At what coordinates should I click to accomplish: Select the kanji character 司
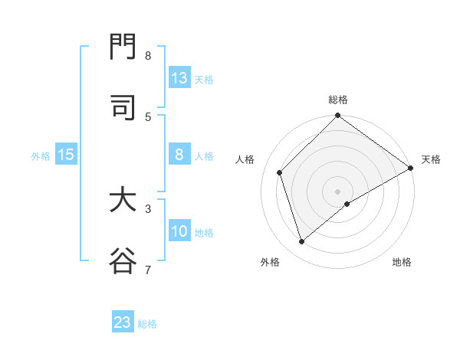[123, 108]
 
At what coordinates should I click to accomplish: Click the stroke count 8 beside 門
[148, 56]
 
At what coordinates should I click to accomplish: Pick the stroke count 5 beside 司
[148, 116]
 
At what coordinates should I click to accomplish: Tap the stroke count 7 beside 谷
[148, 270]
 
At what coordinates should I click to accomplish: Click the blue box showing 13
[179, 78]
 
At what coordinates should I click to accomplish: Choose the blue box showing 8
[179, 155]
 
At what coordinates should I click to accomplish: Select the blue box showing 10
[179, 231]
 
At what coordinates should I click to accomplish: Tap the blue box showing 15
[66, 155]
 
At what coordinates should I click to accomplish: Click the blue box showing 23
[123, 322]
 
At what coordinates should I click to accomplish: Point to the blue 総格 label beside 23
[147, 324]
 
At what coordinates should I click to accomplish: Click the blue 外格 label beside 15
[41, 156]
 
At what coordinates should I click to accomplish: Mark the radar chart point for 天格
[411, 169]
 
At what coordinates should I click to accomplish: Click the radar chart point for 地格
[347, 204]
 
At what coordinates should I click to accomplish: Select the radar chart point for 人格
[280, 172]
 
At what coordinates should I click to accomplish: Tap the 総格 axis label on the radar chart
[338, 100]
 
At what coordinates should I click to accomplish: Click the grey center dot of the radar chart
[337, 191]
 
